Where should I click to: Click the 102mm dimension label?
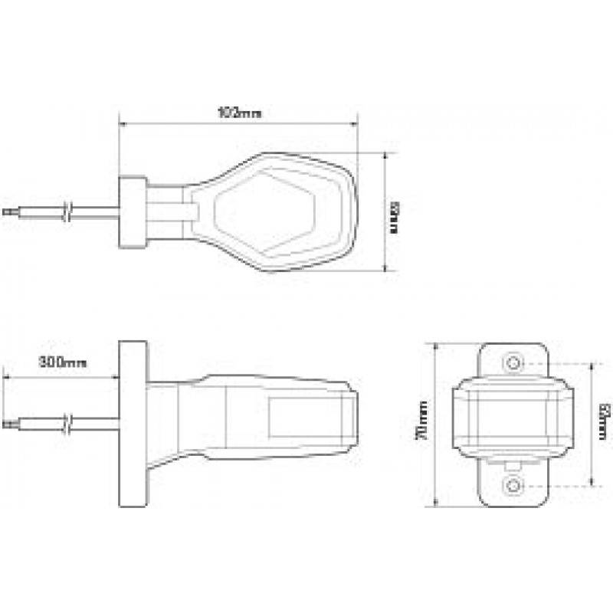238,113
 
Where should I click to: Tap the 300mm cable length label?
62,362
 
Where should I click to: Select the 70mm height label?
421,425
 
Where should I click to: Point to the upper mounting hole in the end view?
513,362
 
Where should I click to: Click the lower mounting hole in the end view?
513,485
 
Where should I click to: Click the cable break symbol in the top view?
68,211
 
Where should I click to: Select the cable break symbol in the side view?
68,421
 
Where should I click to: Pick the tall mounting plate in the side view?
132,424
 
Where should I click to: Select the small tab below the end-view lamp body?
513,464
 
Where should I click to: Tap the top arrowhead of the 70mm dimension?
434,346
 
